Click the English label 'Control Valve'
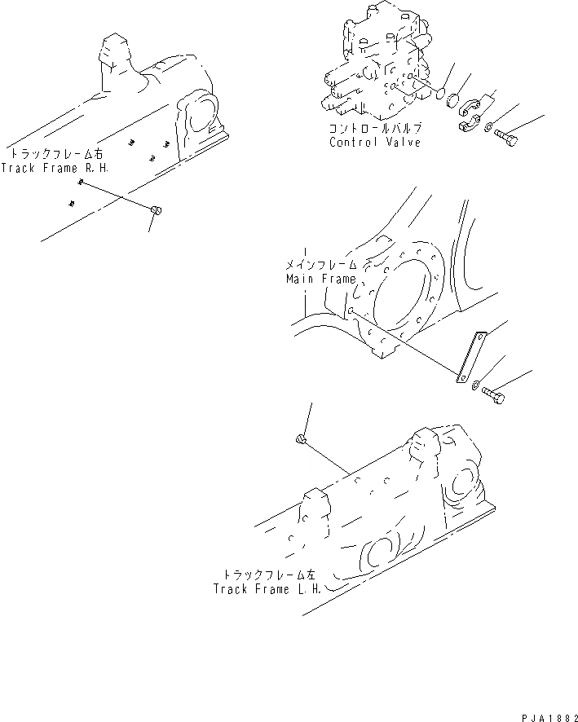[375, 143]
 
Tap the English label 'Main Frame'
[320, 279]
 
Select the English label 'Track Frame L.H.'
[266, 588]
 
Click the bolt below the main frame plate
[493, 396]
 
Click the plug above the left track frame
[300, 441]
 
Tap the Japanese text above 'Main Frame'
[320, 266]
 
